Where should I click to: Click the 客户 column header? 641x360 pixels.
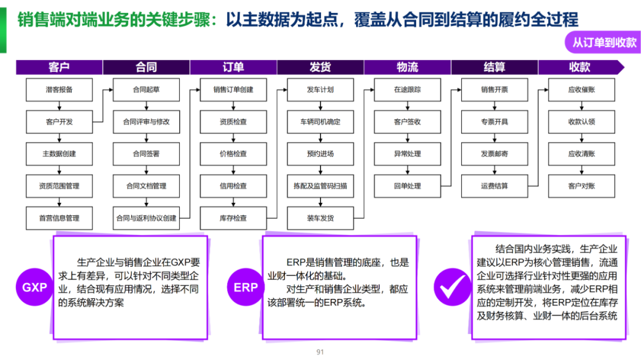click(x=59, y=67)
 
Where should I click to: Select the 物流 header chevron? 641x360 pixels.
click(x=407, y=67)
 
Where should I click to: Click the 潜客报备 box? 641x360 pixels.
click(x=59, y=90)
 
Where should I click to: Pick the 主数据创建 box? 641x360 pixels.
click(x=59, y=154)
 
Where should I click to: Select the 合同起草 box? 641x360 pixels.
click(x=146, y=90)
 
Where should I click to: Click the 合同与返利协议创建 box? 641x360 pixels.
click(x=146, y=218)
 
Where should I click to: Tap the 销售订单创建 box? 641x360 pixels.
click(x=233, y=90)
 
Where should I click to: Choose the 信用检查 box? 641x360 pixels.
click(x=233, y=186)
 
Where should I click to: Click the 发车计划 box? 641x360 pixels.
click(x=320, y=90)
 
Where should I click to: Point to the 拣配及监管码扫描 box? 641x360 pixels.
click(x=320, y=186)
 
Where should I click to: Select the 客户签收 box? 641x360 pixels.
click(x=407, y=122)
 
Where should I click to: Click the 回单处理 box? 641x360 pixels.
click(x=407, y=186)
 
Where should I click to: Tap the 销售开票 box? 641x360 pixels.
click(x=494, y=90)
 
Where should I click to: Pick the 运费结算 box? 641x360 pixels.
click(x=494, y=186)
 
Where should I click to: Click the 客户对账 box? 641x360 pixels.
click(x=581, y=186)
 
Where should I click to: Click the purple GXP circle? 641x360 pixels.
click(x=34, y=288)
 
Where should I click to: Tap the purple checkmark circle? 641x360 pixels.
click(x=452, y=288)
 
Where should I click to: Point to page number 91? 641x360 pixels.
click(x=320, y=352)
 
